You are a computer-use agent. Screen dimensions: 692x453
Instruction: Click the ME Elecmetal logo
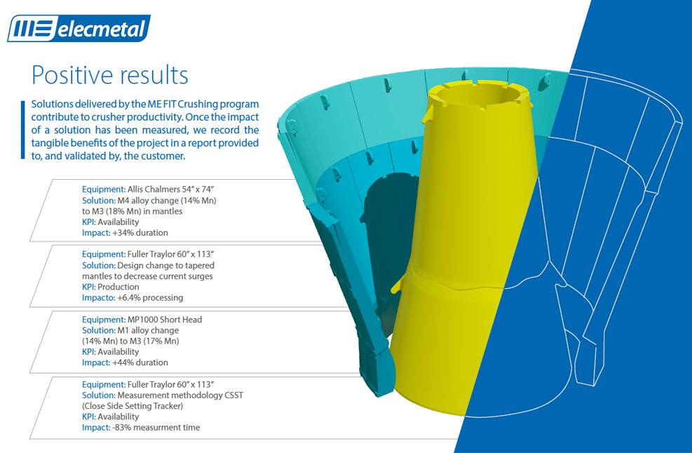coord(79,28)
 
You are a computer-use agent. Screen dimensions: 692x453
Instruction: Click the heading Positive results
coord(110,74)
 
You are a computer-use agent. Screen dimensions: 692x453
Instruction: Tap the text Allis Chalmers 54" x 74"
coord(171,189)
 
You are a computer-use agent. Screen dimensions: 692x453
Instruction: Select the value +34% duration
coord(140,232)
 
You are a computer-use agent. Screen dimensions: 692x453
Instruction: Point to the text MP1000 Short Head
coord(165,319)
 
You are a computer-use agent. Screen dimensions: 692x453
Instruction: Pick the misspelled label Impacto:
coord(98,297)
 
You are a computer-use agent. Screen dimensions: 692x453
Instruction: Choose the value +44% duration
coord(140,362)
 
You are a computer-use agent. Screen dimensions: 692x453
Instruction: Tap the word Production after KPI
coord(118,287)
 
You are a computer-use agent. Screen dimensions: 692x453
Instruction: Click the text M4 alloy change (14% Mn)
coord(167,200)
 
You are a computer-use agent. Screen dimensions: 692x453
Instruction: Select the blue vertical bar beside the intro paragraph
coord(23,129)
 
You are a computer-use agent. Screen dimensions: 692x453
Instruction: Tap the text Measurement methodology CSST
coord(180,395)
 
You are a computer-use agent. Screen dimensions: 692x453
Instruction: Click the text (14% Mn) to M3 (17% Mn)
coord(130,341)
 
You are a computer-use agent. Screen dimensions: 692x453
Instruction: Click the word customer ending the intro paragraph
coord(163,156)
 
